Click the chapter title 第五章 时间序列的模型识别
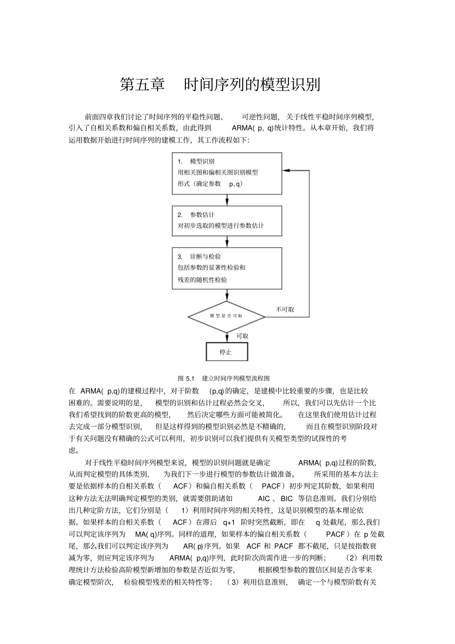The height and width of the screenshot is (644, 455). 220,84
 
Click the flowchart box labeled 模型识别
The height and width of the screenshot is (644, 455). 227,173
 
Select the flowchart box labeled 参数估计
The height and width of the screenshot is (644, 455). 227,221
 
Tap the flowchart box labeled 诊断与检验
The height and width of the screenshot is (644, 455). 227,268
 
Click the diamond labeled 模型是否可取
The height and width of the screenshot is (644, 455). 226,316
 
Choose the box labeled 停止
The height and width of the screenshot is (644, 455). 227,352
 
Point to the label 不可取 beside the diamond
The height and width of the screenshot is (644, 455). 285,310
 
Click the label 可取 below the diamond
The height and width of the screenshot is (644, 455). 242,336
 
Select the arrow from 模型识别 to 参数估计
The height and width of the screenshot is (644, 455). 227,200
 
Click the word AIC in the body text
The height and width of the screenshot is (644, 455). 264,499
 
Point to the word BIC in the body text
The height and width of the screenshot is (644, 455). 286,499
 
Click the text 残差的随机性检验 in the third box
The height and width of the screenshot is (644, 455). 202,280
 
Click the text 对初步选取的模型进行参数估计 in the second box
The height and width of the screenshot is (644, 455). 220,226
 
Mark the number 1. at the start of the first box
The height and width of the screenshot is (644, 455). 180,161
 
